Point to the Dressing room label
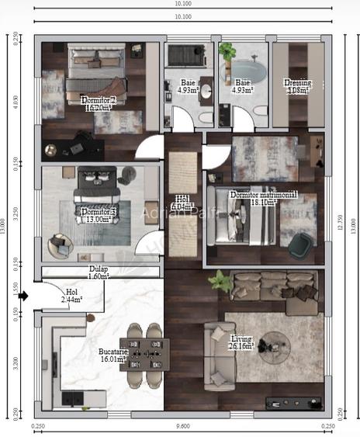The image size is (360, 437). tap(297, 86)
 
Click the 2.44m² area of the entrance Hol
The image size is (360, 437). tap(71, 298)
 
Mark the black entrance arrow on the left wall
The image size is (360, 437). tap(24, 295)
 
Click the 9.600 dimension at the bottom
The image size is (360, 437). tap(182, 426)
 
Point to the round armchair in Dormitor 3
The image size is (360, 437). tap(60, 246)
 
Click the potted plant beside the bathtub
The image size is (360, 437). tap(227, 53)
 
